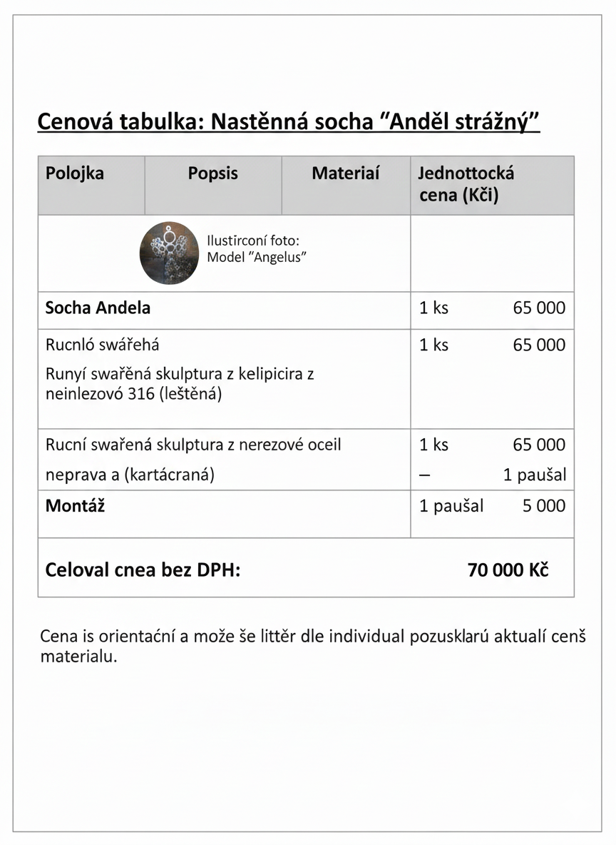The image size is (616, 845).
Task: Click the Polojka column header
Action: pyautogui.click(x=74, y=173)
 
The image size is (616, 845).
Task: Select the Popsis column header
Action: pyautogui.click(x=212, y=173)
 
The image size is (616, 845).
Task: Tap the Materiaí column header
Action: pyautogui.click(x=345, y=173)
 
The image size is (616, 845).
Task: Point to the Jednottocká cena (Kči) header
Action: pyautogui.click(x=466, y=184)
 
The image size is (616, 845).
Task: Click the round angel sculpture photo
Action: pyautogui.click(x=168, y=253)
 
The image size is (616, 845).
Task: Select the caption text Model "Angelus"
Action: pyautogui.click(x=256, y=258)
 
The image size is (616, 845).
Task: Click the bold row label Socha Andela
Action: pyautogui.click(x=98, y=308)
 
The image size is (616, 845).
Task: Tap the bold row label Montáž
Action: pyautogui.click(x=75, y=506)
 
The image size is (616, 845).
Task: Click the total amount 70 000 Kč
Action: pyautogui.click(x=508, y=570)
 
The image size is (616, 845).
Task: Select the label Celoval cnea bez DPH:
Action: pyautogui.click(x=143, y=570)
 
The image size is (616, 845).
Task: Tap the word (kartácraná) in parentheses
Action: pyautogui.click(x=169, y=475)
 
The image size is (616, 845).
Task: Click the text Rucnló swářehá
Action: pyautogui.click(x=102, y=345)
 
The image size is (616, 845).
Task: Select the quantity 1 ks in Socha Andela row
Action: pyautogui.click(x=433, y=308)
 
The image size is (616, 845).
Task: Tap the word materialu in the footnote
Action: pyautogui.click(x=78, y=656)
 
